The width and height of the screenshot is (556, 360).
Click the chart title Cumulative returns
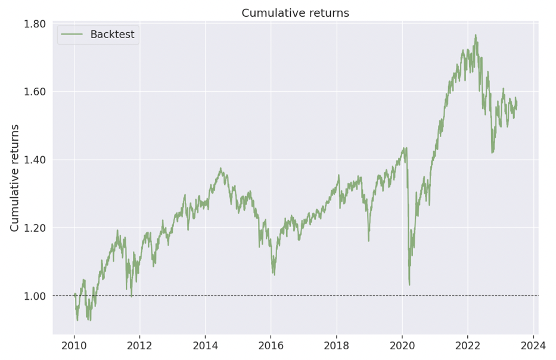tap(295, 13)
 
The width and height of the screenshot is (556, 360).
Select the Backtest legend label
tap(112, 35)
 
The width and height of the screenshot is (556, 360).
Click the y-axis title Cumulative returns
tap(15, 178)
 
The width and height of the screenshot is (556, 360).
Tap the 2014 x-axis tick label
tap(205, 345)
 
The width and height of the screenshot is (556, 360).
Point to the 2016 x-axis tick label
tap(271, 345)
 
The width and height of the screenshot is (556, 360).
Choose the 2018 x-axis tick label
tap(336, 345)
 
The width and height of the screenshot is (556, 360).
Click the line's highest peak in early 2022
tap(476, 35)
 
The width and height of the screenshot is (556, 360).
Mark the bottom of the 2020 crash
tap(409, 285)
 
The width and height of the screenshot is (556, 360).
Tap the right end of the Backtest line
tap(517, 102)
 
